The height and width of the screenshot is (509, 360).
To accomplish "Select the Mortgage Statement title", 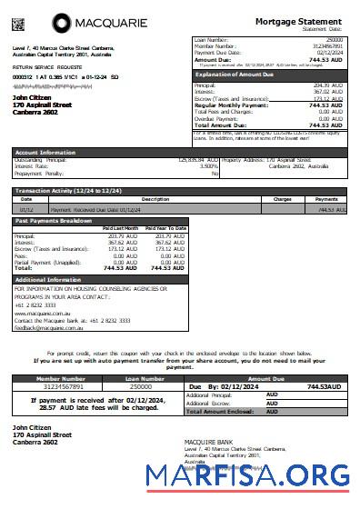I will point(298,20).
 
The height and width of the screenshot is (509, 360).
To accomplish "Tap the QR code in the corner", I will point(18,19).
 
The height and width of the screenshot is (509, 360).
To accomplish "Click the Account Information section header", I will point(45,153).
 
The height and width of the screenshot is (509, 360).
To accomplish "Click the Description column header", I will point(155,198).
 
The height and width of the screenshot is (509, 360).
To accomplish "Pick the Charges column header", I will point(282,198).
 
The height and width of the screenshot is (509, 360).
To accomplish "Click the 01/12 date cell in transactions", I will point(26,208).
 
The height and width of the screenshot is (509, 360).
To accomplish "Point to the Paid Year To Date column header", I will point(165,228).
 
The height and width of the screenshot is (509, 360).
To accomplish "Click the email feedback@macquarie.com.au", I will point(47,325).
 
